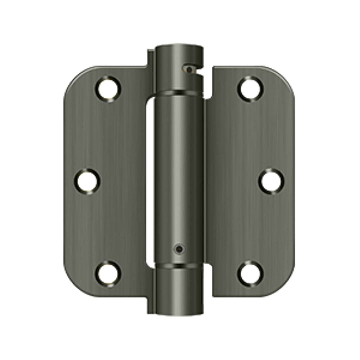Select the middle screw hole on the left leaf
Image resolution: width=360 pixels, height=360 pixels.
88,181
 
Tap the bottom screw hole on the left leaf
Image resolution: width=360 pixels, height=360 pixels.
108,273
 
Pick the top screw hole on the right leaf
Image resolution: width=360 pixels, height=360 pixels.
249,89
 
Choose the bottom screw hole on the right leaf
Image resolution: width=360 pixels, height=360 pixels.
249,273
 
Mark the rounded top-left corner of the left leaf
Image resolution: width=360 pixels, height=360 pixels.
75,77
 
